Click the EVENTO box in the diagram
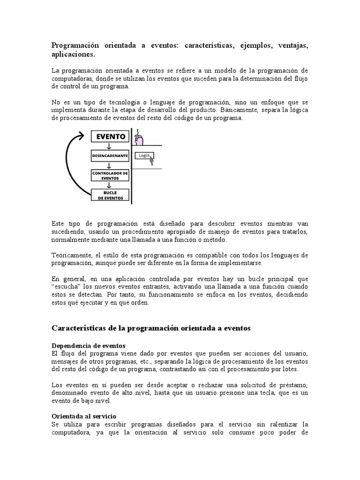point(111,136)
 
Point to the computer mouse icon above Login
point(139,139)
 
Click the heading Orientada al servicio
point(83,416)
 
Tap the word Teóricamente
point(73,255)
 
